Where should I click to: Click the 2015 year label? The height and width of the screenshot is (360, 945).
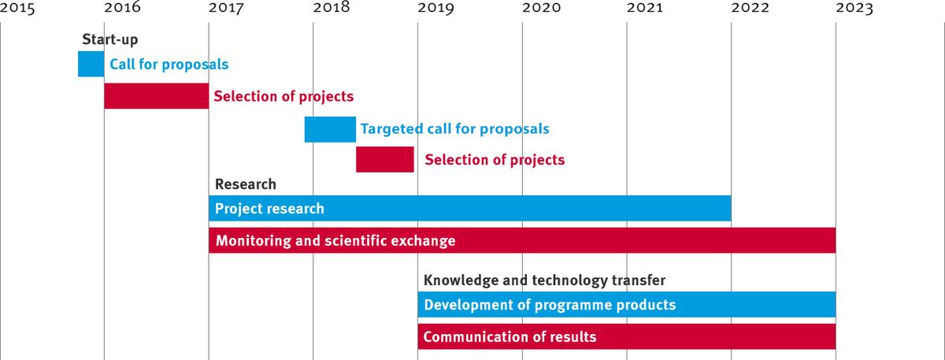[x=17, y=8]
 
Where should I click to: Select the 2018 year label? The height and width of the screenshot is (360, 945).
[x=332, y=8]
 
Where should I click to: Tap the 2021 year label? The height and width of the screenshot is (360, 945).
[x=644, y=8]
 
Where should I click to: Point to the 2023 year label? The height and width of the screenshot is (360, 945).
[x=854, y=8]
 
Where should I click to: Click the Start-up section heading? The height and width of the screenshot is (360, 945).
[x=110, y=39]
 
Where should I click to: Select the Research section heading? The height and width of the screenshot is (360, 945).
[x=246, y=184]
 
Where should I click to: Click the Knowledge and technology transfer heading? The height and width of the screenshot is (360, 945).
[x=544, y=280]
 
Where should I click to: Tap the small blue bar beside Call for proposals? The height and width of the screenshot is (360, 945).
[x=91, y=64]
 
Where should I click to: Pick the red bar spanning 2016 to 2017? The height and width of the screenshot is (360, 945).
[x=157, y=96]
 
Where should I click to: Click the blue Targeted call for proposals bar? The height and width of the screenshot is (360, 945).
[x=330, y=129]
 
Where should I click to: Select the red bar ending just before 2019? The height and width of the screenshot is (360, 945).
[x=385, y=159]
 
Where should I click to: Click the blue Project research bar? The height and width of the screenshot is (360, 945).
[x=470, y=208]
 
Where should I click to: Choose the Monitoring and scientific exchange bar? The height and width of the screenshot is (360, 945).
[x=522, y=240]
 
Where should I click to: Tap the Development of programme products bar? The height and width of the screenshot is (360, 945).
[x=627, y=304]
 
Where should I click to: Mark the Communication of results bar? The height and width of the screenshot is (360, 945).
[x=627, y=336]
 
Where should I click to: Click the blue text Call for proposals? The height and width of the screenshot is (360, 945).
[x=169, y=64]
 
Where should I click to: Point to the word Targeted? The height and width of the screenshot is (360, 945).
[x=391, y=128]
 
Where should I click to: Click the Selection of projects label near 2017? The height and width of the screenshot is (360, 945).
[x=283, y=96]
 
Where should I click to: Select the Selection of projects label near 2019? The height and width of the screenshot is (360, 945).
[x=495, y=160]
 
